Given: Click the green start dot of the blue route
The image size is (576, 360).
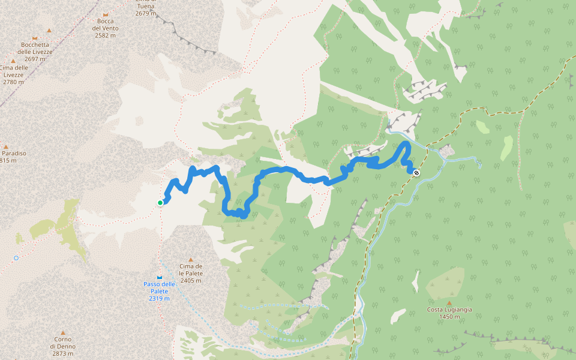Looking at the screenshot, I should (160, 203).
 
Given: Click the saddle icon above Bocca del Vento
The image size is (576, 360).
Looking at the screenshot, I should (106, 14).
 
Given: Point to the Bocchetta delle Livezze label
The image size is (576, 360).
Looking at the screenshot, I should (35, 52).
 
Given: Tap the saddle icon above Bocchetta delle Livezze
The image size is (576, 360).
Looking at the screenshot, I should (34, 38).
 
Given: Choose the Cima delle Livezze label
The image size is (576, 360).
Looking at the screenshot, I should (14, 74).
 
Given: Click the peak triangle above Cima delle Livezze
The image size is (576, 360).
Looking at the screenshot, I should (13, 61).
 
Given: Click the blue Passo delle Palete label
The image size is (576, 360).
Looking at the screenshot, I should (159, 291).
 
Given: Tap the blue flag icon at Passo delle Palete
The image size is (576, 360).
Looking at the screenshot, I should (159, 277).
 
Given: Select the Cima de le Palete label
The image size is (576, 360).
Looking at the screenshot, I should (191, 273).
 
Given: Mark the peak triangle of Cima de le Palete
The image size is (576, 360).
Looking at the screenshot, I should (191, 260).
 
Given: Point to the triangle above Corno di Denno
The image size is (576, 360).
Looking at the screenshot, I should (62, 332).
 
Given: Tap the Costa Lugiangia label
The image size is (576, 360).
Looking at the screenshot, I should (449, 313).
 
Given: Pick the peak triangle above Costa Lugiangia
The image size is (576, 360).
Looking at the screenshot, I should (449, 303).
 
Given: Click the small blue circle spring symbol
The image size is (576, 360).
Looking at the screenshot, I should (16, 258).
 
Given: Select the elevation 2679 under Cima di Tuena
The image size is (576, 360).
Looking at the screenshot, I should (145, 13).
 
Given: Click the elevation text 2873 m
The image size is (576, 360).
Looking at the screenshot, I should (62, 354).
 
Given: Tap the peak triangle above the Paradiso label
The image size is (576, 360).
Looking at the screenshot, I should (6, 146).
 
